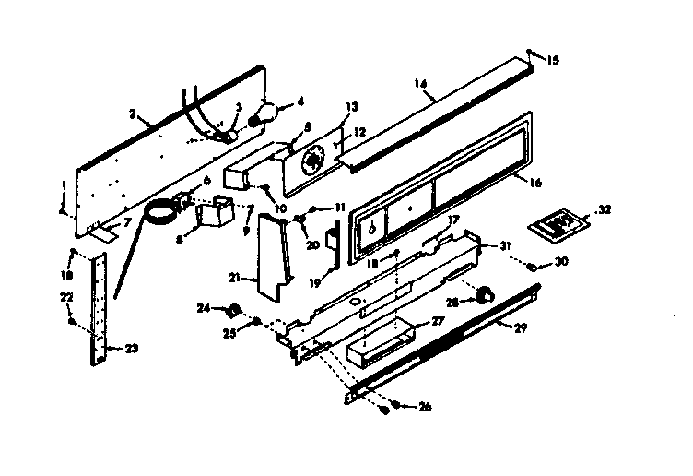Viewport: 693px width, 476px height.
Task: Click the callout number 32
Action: click(x=605, y=209)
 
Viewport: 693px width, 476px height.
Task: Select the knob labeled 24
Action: click(x=234, y=309)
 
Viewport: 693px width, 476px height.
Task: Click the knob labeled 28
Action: click(x=480, y=294)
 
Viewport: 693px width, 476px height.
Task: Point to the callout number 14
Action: click(x=421, y=84)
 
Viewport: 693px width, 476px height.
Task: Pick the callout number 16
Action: click(x=535, y=183)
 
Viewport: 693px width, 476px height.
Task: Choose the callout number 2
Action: click(x=133, y=113)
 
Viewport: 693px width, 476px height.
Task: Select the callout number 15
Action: click(x=553, y=61)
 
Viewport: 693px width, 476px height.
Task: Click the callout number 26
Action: click(x=424, y=406)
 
